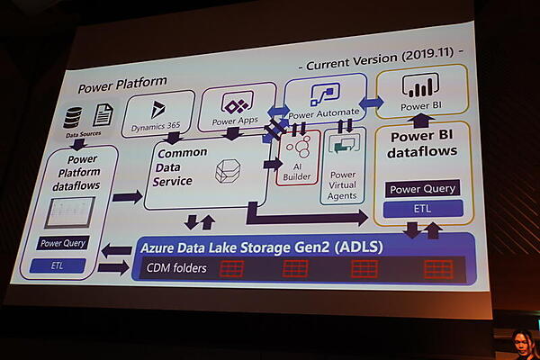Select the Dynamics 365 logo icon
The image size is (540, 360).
tap(158, 109)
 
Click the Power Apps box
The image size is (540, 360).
tap(237, 109)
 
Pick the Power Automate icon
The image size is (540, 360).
tap(324, 93)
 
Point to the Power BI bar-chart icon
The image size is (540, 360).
tap(417, 87)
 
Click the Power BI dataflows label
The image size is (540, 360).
tap(422, 145)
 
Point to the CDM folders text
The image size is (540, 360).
tap(177, 267)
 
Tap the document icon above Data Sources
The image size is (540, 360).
tap(103, 114)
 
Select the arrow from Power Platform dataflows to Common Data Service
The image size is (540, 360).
tap(127, 196)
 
